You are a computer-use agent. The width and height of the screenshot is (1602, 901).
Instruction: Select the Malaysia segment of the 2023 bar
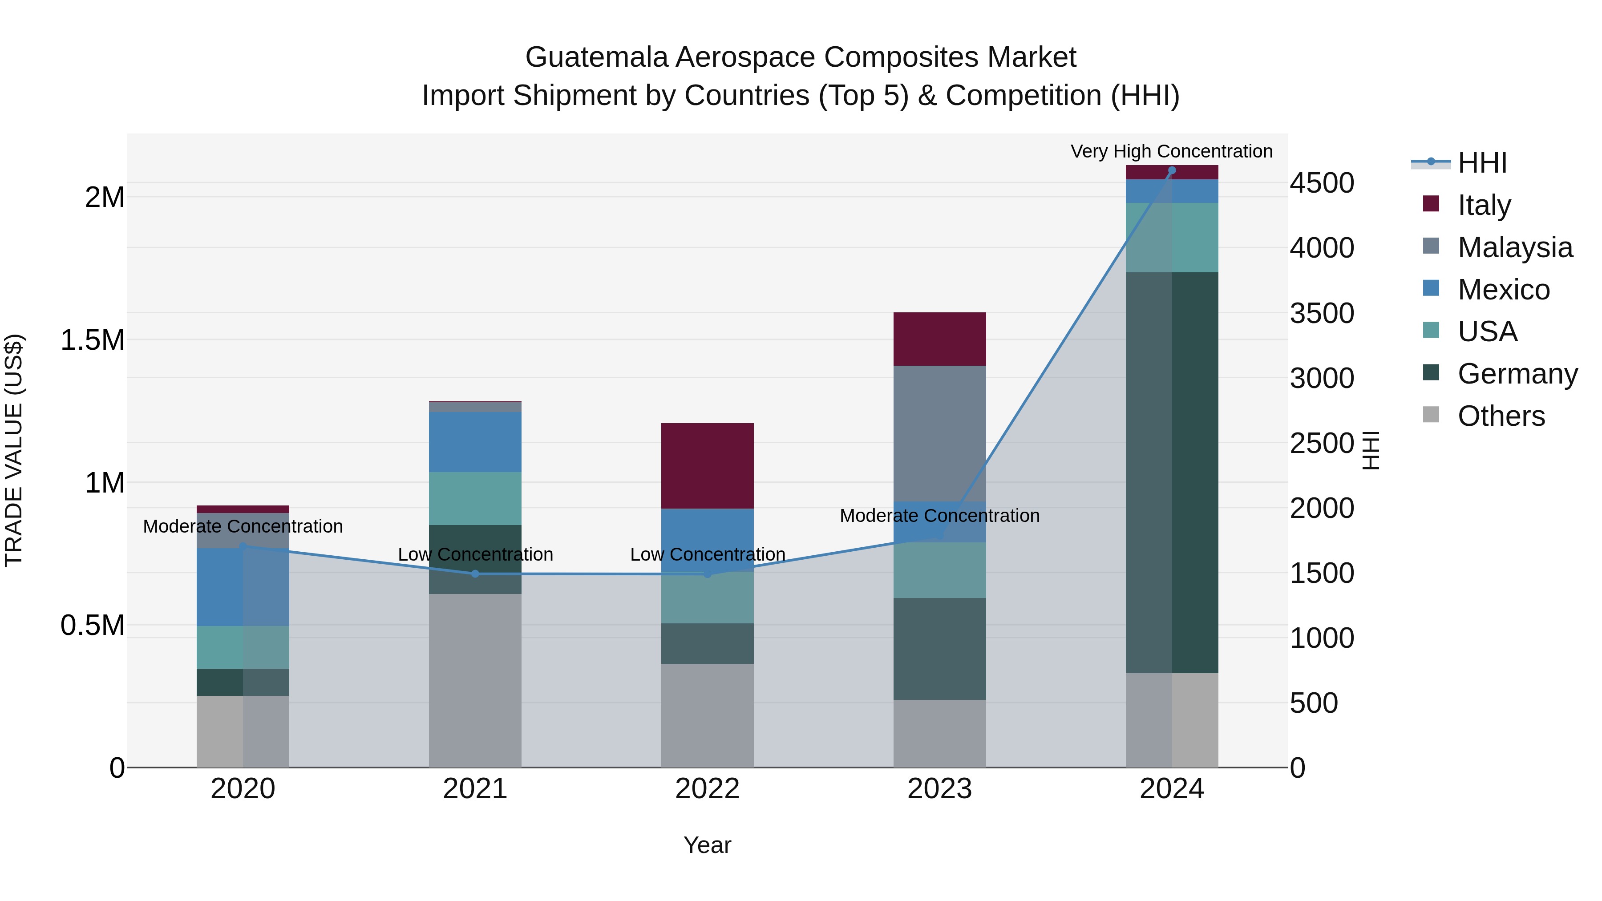[x=939, y=433]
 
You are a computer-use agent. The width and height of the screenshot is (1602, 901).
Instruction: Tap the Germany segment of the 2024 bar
[x=1172, y=473]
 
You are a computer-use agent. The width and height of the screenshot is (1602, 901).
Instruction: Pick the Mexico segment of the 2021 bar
[x=475, y=441]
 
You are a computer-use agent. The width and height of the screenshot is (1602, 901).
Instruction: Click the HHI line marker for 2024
[x=1172, y=170]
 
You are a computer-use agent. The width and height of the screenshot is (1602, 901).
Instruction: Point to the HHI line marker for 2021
[x=475, y=574]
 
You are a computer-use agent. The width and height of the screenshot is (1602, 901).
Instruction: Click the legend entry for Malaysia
[x=1514, y=247]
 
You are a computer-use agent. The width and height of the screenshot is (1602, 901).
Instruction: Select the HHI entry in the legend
[x=1481, y=163]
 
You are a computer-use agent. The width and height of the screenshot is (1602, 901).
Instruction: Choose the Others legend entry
[x=1501, y=416]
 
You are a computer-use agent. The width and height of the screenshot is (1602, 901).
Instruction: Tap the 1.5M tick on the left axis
[x=92, y=340]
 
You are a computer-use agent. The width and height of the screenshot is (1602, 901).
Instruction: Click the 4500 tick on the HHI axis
[x=1322, y=183]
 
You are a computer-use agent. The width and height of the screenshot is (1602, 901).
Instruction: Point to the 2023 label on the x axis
[x=939, y=788]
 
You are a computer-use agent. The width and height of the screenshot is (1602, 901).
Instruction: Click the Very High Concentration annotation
[x=1172, y=151]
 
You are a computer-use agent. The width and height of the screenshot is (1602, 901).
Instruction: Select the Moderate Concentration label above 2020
[x=243, y=526]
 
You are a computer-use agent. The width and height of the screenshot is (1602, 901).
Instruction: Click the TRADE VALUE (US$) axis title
[x=14, y=450]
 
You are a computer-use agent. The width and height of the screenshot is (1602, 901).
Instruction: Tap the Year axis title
[x=707, y=845]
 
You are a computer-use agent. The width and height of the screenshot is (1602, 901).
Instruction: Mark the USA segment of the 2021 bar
[x=475, y=498]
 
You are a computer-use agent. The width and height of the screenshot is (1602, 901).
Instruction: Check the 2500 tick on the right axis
[x=1322, y=443]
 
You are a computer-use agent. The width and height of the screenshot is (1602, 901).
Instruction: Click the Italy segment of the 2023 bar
[x=939, y=339]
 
